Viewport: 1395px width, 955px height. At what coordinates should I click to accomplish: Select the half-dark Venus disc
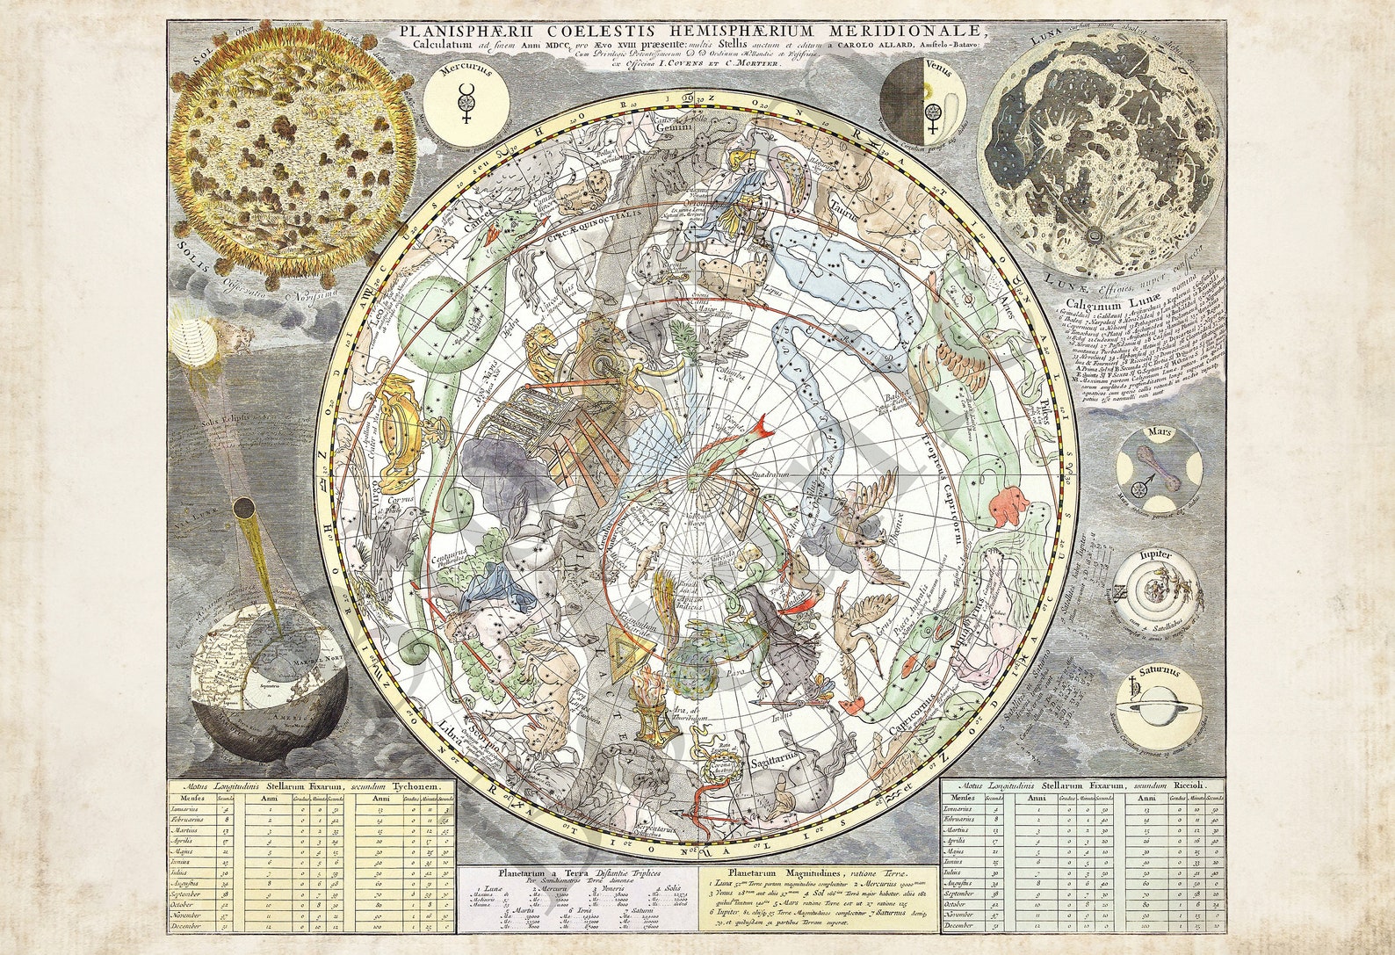coord(922,105)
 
